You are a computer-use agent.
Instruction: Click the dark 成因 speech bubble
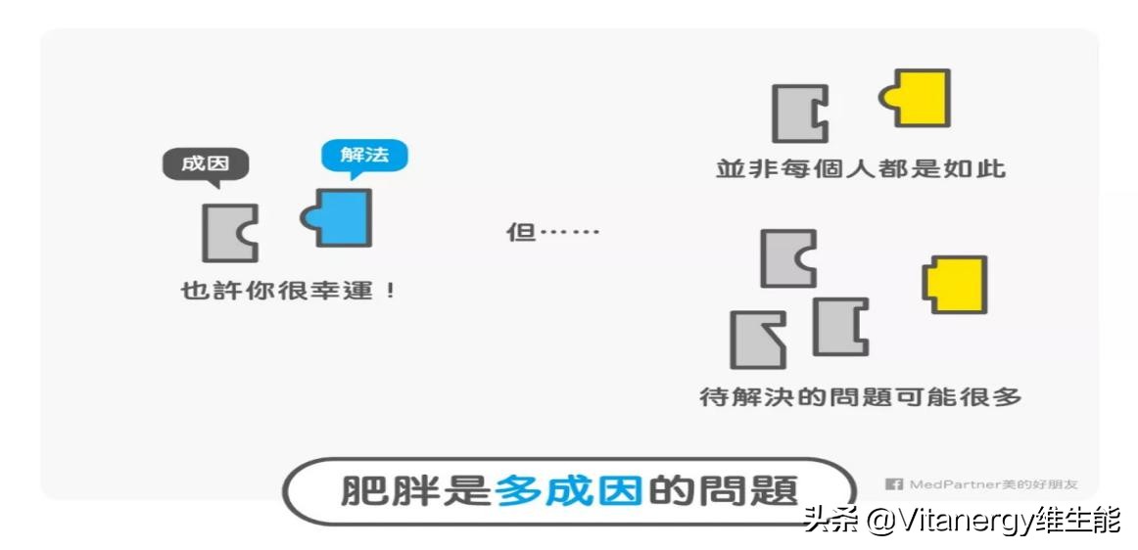coord(205,165)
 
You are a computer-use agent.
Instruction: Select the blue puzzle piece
coord(338,217)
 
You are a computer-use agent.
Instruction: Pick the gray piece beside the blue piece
coord(229,233)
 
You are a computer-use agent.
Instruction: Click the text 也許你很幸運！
coord(289,292)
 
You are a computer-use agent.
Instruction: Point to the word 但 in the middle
coord(520,232)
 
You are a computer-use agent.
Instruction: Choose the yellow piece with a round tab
coord(916,98)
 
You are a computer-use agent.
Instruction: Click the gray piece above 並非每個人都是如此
coord(799,114)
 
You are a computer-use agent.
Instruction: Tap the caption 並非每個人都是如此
coord(861,169)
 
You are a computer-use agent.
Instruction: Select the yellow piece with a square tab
coord(955,284)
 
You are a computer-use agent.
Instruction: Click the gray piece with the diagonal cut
coord(757,340)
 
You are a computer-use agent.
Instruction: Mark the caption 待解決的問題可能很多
coord(860,397)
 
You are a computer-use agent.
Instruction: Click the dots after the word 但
coord(568,233)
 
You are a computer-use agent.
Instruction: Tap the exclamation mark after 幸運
coord(391,292)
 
